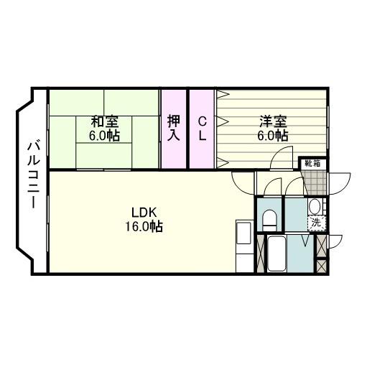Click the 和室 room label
click(x=104, y=121)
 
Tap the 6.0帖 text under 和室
click(x=104, y=136)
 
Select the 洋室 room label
click(x=273, y=121)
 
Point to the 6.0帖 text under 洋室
click(x=273, y=136)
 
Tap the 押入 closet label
click(x=174, y=128)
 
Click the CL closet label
click(x=203, y=128)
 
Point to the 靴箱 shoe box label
click(x=312, y=164)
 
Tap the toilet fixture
click(x=270, y=218)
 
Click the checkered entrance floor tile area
click(x=313, y=182)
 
